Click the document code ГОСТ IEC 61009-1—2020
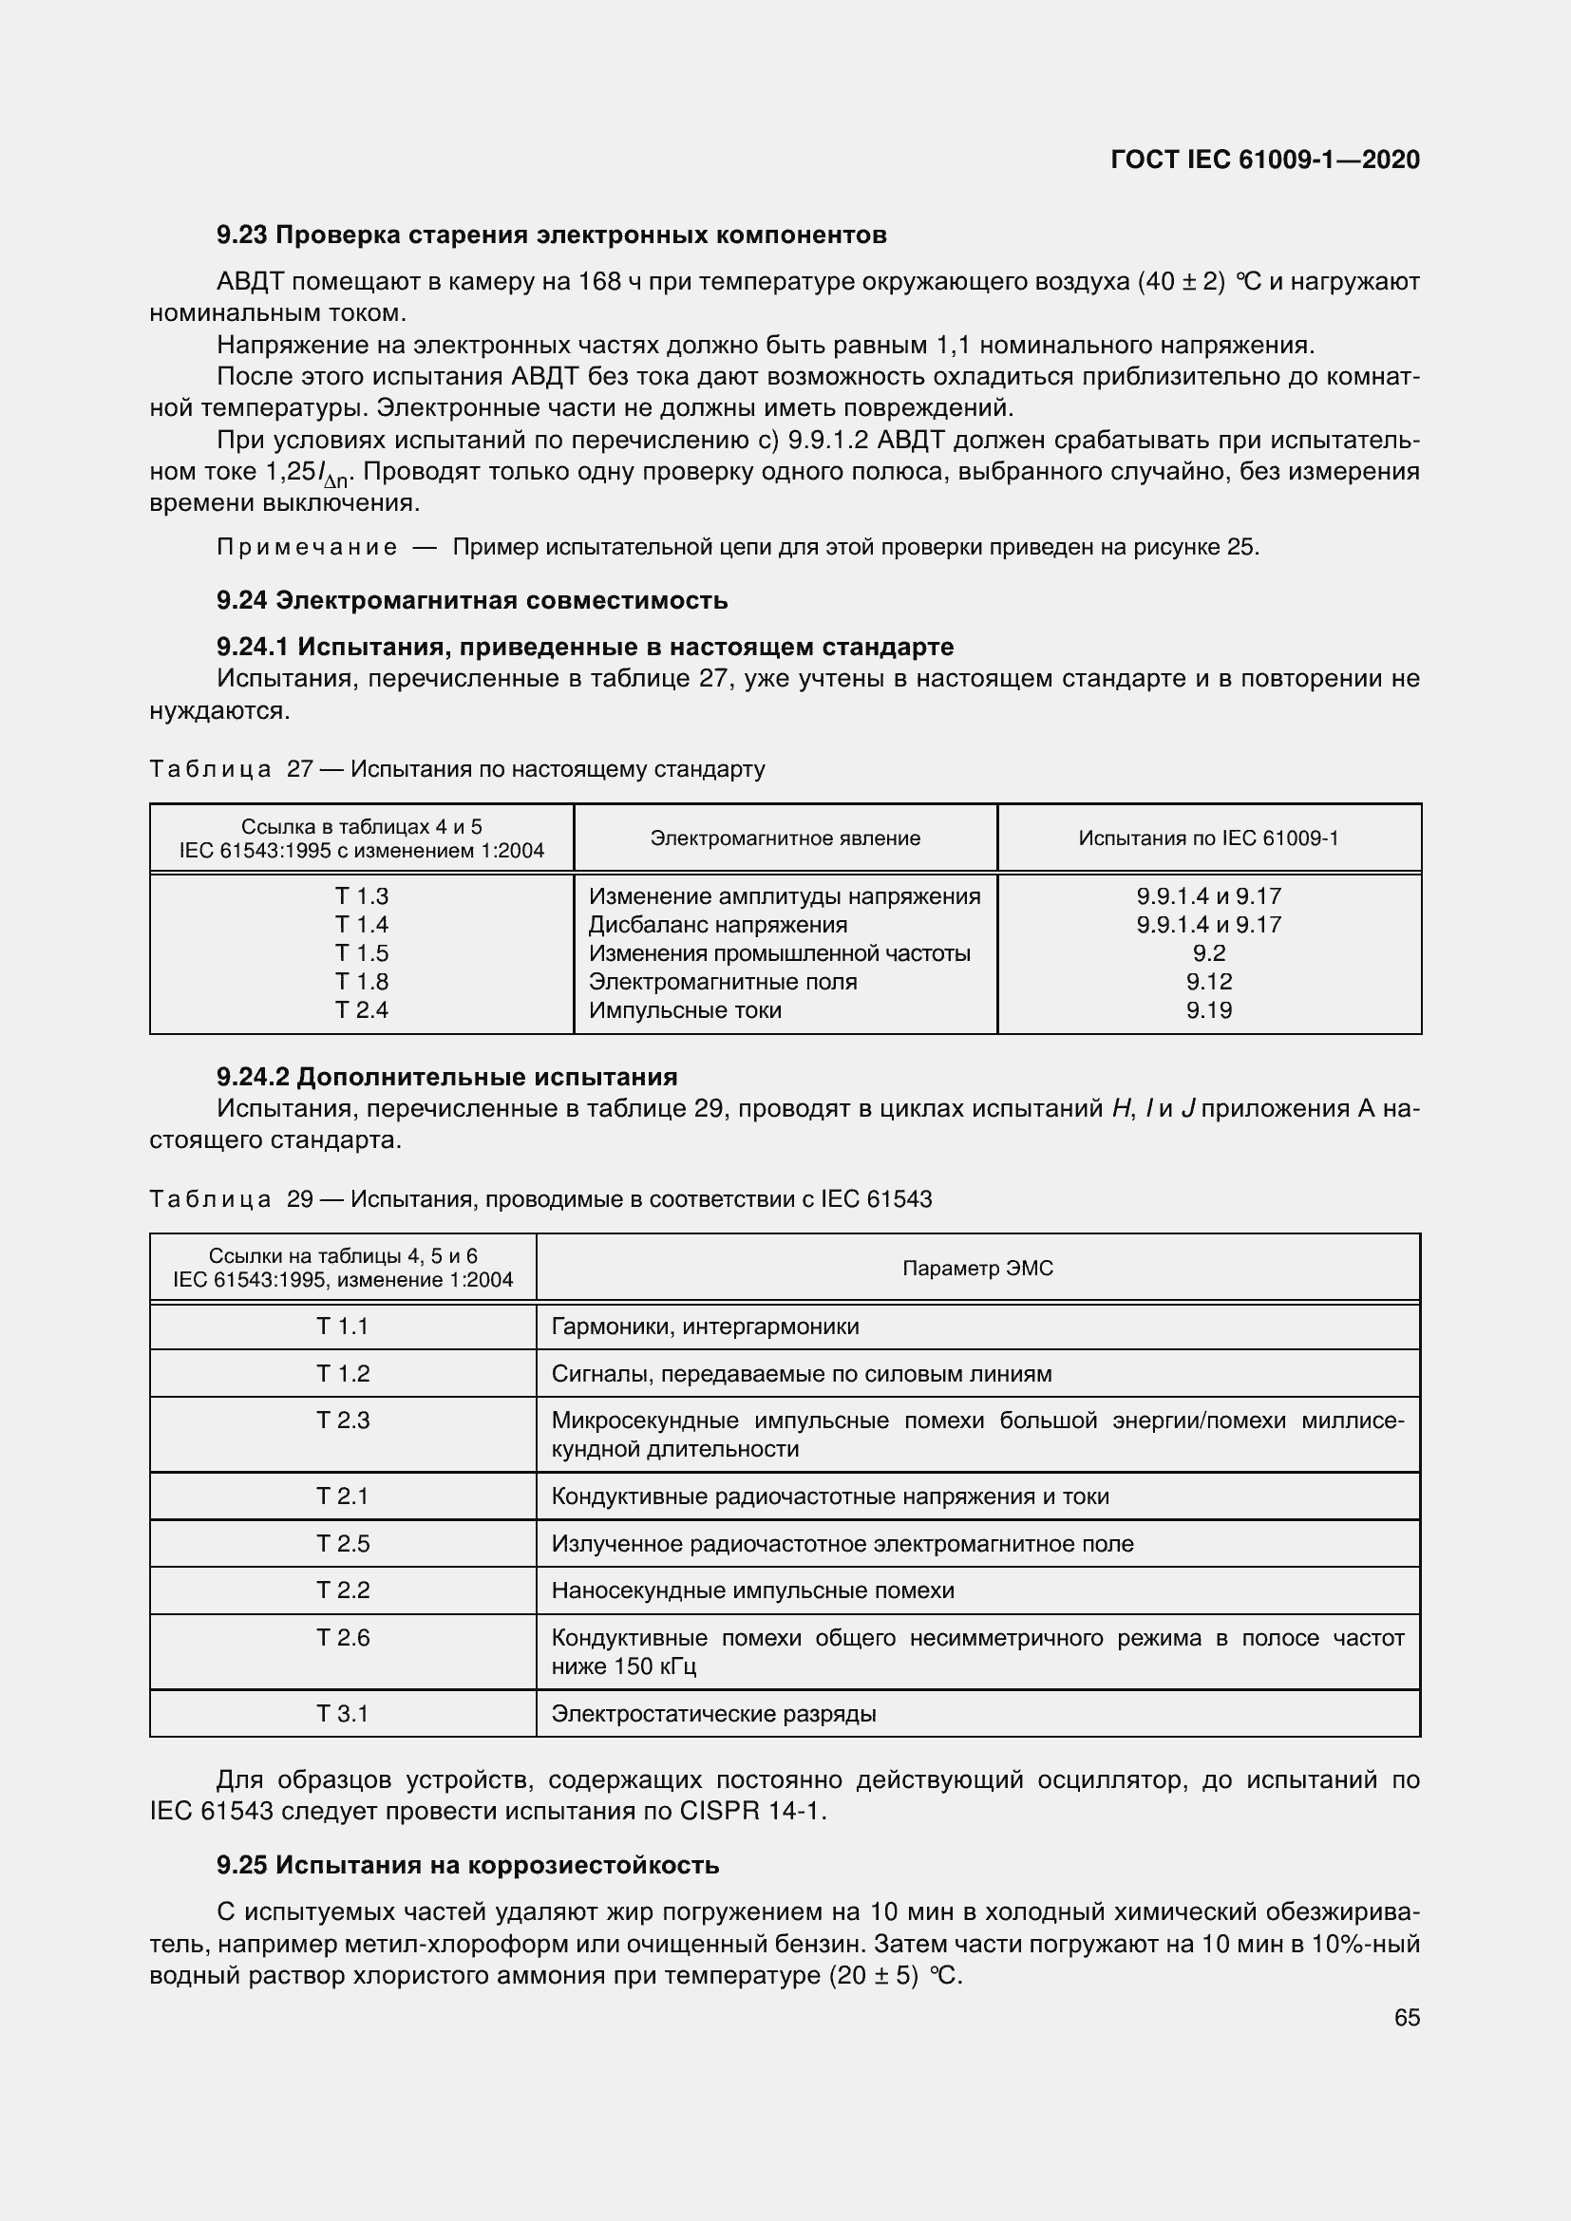1264,160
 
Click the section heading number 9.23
242,235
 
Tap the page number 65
1407,2017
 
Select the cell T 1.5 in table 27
362,952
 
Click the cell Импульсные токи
685,1010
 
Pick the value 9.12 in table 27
1208,982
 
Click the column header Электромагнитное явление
785,838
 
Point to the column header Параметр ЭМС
977,1269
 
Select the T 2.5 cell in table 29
343,1544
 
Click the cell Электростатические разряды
714,1714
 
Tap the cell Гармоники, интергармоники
705,1327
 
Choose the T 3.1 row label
343,1714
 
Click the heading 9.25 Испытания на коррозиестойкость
467,1865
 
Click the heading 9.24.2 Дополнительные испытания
447,1077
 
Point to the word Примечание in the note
307,548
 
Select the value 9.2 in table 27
1208,952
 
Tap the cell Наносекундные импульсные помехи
752,1591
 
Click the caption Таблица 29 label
210,1199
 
